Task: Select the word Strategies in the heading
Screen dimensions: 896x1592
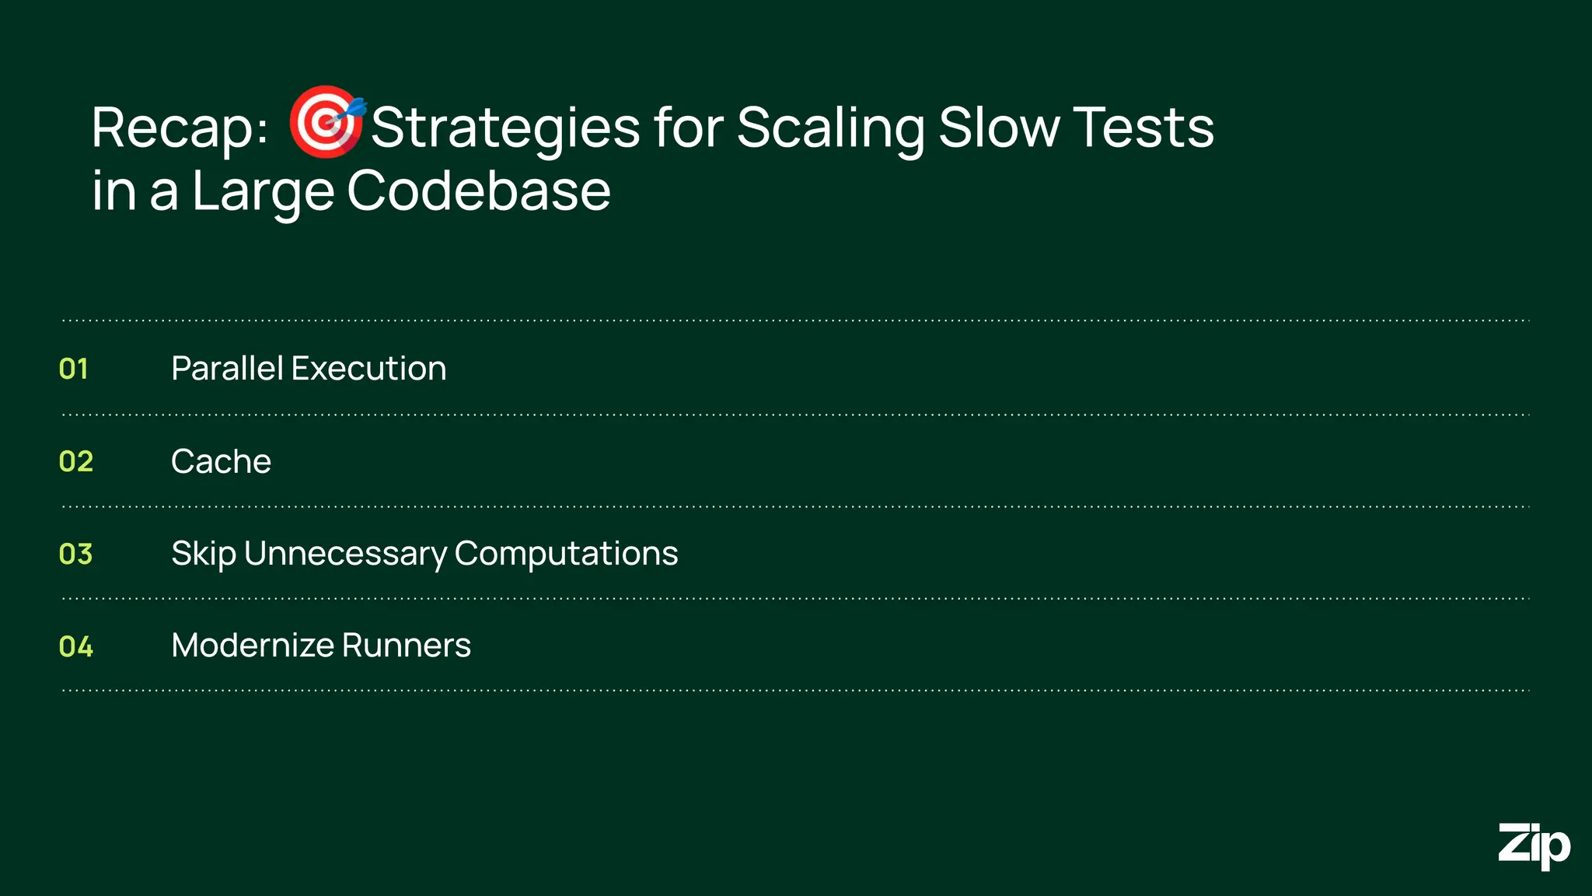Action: [505, 128]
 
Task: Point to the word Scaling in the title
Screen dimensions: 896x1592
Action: [830, 128]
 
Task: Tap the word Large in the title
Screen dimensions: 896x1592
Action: [263, 193]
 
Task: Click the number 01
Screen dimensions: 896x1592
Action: [74, 369]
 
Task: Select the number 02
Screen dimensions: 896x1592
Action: [76, 461]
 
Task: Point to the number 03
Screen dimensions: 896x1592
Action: [76, 554]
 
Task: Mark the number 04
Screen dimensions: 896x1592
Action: [76, 646]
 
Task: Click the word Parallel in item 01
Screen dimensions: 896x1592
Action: [227, 369]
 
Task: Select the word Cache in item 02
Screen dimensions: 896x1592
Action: [221, 461]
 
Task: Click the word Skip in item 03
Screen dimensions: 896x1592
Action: [204, 555]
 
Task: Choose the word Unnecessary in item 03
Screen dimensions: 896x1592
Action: [346, 554]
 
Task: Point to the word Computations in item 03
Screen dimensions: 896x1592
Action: [566, 554]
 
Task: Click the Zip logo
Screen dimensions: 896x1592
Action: [1534, 845]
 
